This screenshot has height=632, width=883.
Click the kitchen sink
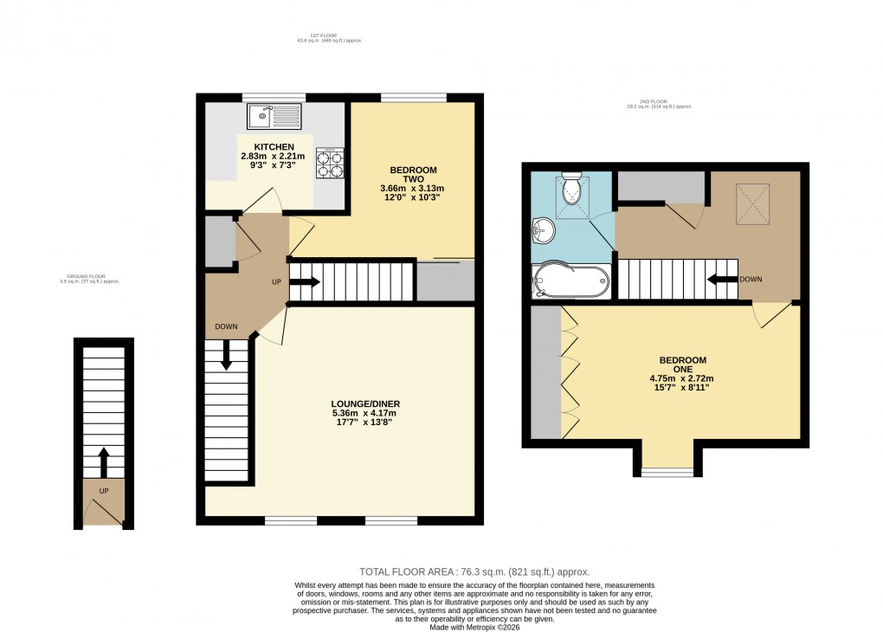tap(274, 115)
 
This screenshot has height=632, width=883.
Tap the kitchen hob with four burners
tap(330, 162)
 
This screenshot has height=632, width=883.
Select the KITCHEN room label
tap(274, 146)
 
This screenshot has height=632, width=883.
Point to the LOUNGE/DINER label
tap(365, 403)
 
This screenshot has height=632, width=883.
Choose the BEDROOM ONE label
tap(682, 364)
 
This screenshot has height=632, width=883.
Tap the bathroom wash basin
tap(544, 229)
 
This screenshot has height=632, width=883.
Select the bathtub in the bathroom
tap(570, 281)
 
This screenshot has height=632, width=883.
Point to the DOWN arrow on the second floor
tap(718, 279)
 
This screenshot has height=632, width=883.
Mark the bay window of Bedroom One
tap(667, 472)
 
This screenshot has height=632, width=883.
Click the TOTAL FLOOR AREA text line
tap(474, 571)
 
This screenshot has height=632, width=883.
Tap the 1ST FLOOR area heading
tap(329, 38)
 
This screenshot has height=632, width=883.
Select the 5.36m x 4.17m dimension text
tap(365, 413)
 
